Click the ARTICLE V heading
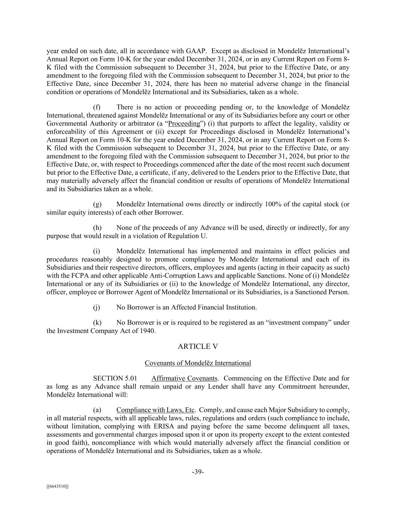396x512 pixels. [x=198, y=347]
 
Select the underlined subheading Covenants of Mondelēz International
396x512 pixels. [x=198, y=363]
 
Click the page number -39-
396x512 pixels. [x=198, y=472]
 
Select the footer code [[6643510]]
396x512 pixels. [x=57, y=486]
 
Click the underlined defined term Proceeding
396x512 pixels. [x=184, y=124]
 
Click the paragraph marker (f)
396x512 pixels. [x=97, y=108]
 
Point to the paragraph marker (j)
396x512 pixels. [x=96, y=308]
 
